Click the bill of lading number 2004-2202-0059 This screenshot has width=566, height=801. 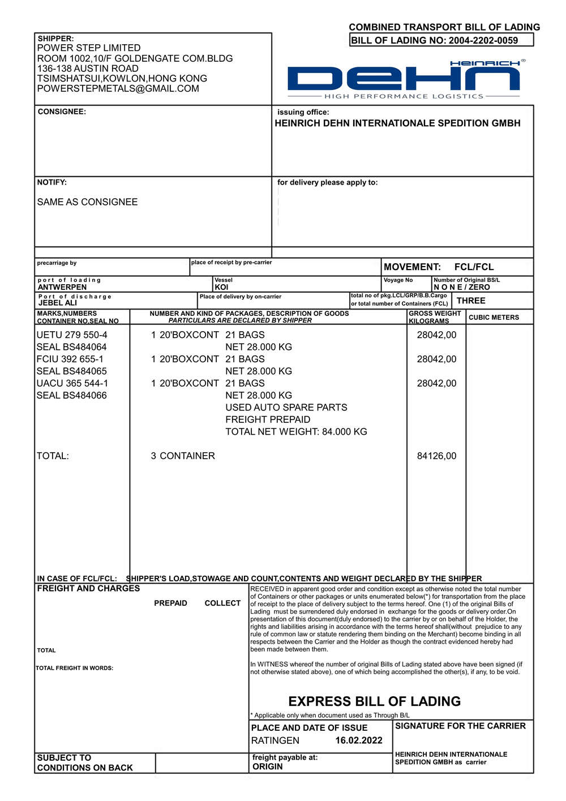[x=483, y=40]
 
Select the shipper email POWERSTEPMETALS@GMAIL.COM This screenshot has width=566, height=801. [x=118, y=88]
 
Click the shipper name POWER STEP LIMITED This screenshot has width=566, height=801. [x=89, y=48]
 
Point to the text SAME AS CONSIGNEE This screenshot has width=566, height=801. [x=87, y=202]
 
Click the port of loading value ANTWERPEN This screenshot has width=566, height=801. [x=62, y=287]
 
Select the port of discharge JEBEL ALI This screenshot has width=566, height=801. [x=58, y=303]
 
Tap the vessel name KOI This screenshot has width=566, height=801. [x=221, y=287]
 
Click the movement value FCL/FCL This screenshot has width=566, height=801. [x=474, y=267]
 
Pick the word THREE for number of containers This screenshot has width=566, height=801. [x=471, y=301]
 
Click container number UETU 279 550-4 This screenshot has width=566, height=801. [x=72, y=335]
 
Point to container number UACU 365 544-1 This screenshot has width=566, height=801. [x=72, y=383]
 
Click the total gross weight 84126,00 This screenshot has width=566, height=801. [x=436, y=456]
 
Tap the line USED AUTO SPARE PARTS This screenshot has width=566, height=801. [x=286, y=408]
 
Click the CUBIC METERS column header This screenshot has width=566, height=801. [x=494, y=318]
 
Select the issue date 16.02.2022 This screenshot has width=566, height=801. [x=359, y=740]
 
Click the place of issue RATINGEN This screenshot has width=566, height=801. [x=275, y=740]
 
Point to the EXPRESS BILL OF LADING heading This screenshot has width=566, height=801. [x=374, y=701]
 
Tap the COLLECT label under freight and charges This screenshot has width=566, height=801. [x=222, y=603]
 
